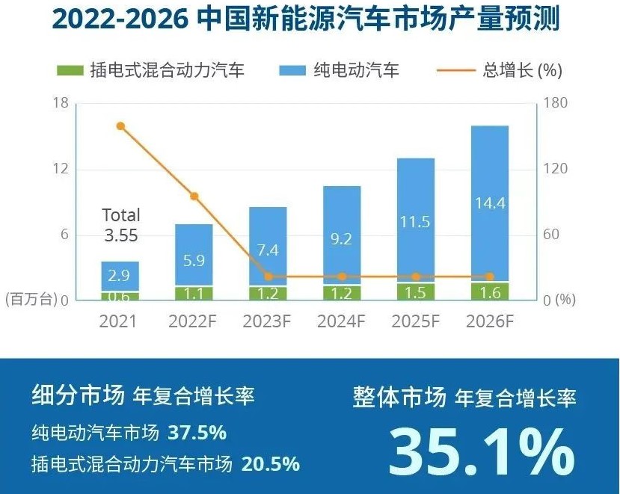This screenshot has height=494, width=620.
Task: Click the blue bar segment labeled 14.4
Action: [x=490, y=203]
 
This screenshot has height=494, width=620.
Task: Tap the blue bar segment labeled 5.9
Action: [x=194, y=255]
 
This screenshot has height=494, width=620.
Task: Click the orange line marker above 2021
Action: [x=120, y=126]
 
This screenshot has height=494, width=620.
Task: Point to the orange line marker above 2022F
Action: [x=194, y=197]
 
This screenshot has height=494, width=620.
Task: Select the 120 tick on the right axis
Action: [x=555, y=169]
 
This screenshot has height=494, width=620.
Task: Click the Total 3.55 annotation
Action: [x=121, y=225]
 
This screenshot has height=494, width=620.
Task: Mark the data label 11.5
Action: [x=416, y=222]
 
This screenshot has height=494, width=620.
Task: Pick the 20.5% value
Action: [x=271, y=463]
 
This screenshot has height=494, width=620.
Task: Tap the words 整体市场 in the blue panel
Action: [x=399, y=398]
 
